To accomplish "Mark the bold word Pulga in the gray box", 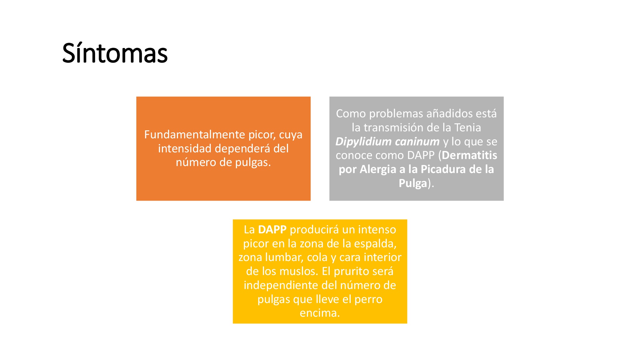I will (x=413, y=183).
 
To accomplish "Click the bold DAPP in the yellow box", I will (x=272, y=230).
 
